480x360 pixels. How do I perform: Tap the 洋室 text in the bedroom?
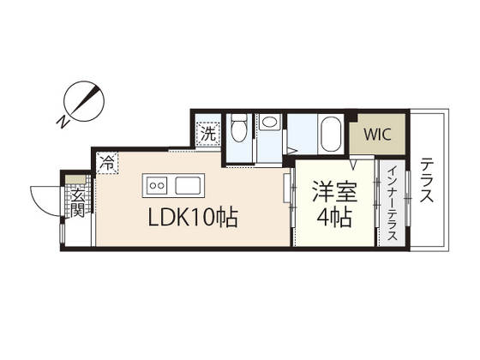[333, 188]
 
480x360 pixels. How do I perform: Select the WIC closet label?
[376, 134]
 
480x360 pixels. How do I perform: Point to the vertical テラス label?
[428, 181]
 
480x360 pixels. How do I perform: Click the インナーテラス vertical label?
[392, 205]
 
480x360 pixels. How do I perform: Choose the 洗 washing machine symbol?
[209, 134]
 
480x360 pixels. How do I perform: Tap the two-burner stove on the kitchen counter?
[158, 184]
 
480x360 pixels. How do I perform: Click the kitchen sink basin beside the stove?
[187, 184]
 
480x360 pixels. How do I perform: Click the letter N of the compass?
[63, 122]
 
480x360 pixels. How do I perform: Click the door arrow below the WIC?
[353, 162]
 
